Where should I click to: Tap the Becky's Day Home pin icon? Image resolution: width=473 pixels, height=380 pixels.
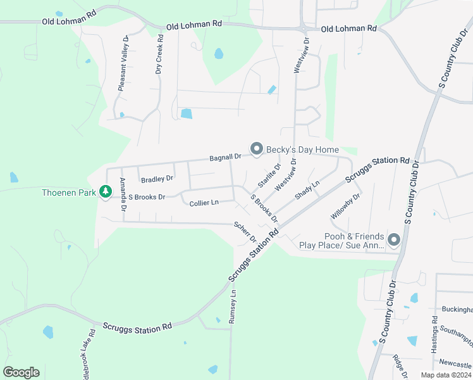coord(257,149)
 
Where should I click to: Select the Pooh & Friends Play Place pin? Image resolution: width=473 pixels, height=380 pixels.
coord(394,239)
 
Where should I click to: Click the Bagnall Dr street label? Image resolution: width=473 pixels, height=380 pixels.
coord(225,156)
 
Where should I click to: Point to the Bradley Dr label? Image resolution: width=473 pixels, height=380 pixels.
coord(157,179)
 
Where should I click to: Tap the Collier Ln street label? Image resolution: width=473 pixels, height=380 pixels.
coord(204,203)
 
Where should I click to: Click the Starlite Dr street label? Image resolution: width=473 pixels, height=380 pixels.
coord(269,176)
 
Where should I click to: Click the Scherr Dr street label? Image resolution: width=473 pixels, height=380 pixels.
coord(245,232)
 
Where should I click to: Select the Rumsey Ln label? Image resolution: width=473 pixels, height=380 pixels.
coord(233,307)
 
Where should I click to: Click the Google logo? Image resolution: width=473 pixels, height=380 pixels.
coord(21,372)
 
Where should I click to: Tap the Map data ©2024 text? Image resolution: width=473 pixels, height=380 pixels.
coord(445,375)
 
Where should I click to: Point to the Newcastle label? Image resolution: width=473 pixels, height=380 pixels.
coord(455,365)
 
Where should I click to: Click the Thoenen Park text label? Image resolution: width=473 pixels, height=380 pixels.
coord(68,193)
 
